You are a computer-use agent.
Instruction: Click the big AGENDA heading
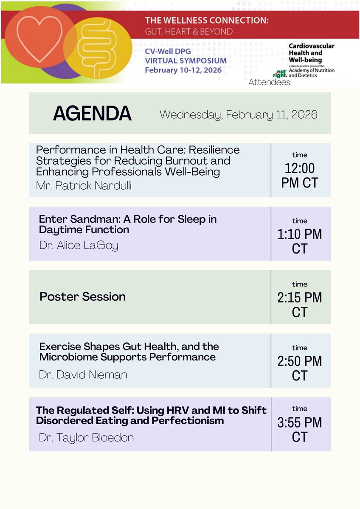pyautogui.click(x=92, y=113)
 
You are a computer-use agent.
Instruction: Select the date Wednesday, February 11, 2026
pyautogui.click(x=238, y=115)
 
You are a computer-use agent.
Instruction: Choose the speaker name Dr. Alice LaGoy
pyautogui.click(x=79, y=245)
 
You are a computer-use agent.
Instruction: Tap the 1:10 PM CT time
pyautogui.click(x=299, y=241)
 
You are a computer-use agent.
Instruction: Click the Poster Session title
pyautogui.click(x=82, y=296)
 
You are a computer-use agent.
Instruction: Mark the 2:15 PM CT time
pyautogui.click(x=299, y=305)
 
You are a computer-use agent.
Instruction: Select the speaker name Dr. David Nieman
pyautogui.click(x=83, y=375)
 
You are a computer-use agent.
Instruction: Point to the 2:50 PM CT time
pyautogui.click(x=299, y=368)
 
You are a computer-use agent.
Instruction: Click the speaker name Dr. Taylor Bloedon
pyautogui.click(x=86, y=437)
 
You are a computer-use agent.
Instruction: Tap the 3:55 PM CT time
pyautogui.click(x=299, y=430)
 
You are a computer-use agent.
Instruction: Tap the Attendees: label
pyautogui.click(x=270, y=82)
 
